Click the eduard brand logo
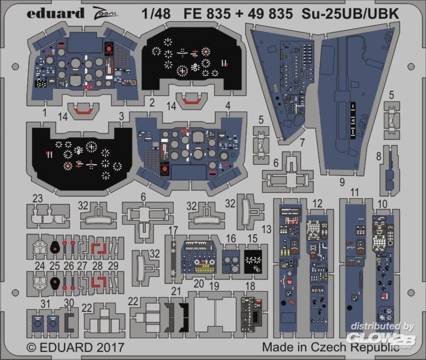(x=55, y=14)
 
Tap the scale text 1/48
(x=157, y=14)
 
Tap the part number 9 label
(x=342, y=182)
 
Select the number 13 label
(x=267, y=230)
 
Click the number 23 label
(x=38, y=198)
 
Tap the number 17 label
(x=173, y=230)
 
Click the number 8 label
(x=379, y=157)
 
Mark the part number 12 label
(x=317, y=204)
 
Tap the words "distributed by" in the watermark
(x=383, y=327)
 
